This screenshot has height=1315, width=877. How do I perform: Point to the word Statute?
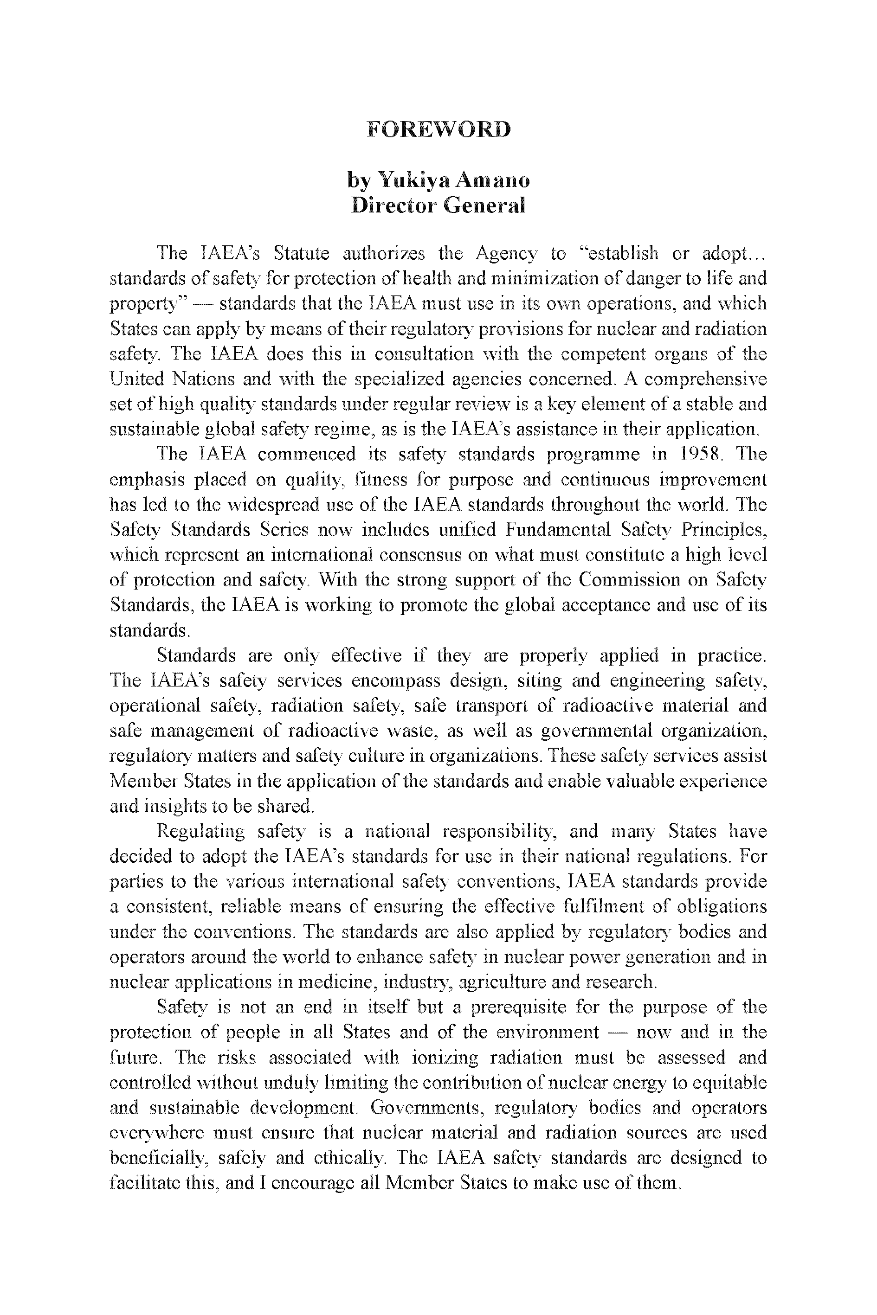pos(302,253)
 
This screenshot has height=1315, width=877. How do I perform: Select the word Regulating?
pos(201,831)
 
